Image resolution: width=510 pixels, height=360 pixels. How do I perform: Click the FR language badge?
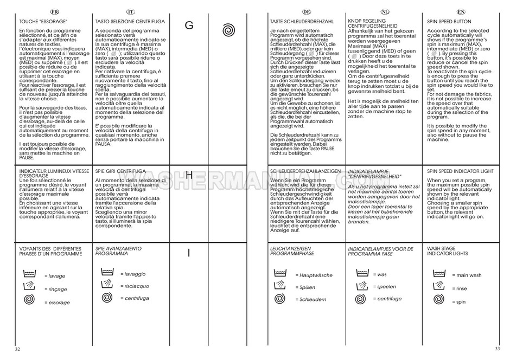click(54, 12)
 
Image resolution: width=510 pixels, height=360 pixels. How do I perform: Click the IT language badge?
click(130, 12)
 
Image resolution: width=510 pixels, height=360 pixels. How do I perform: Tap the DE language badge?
click(307, 12)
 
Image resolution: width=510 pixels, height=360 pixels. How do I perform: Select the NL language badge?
click(385, 12)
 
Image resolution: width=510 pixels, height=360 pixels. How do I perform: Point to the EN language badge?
click(460, 12)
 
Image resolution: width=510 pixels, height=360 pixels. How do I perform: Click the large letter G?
click(189, 25)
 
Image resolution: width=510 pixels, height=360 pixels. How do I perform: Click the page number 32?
click(17, 349)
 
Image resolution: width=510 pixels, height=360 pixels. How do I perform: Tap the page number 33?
click(497, 349)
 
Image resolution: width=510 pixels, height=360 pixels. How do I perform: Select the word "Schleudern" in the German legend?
click(313, 299)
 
